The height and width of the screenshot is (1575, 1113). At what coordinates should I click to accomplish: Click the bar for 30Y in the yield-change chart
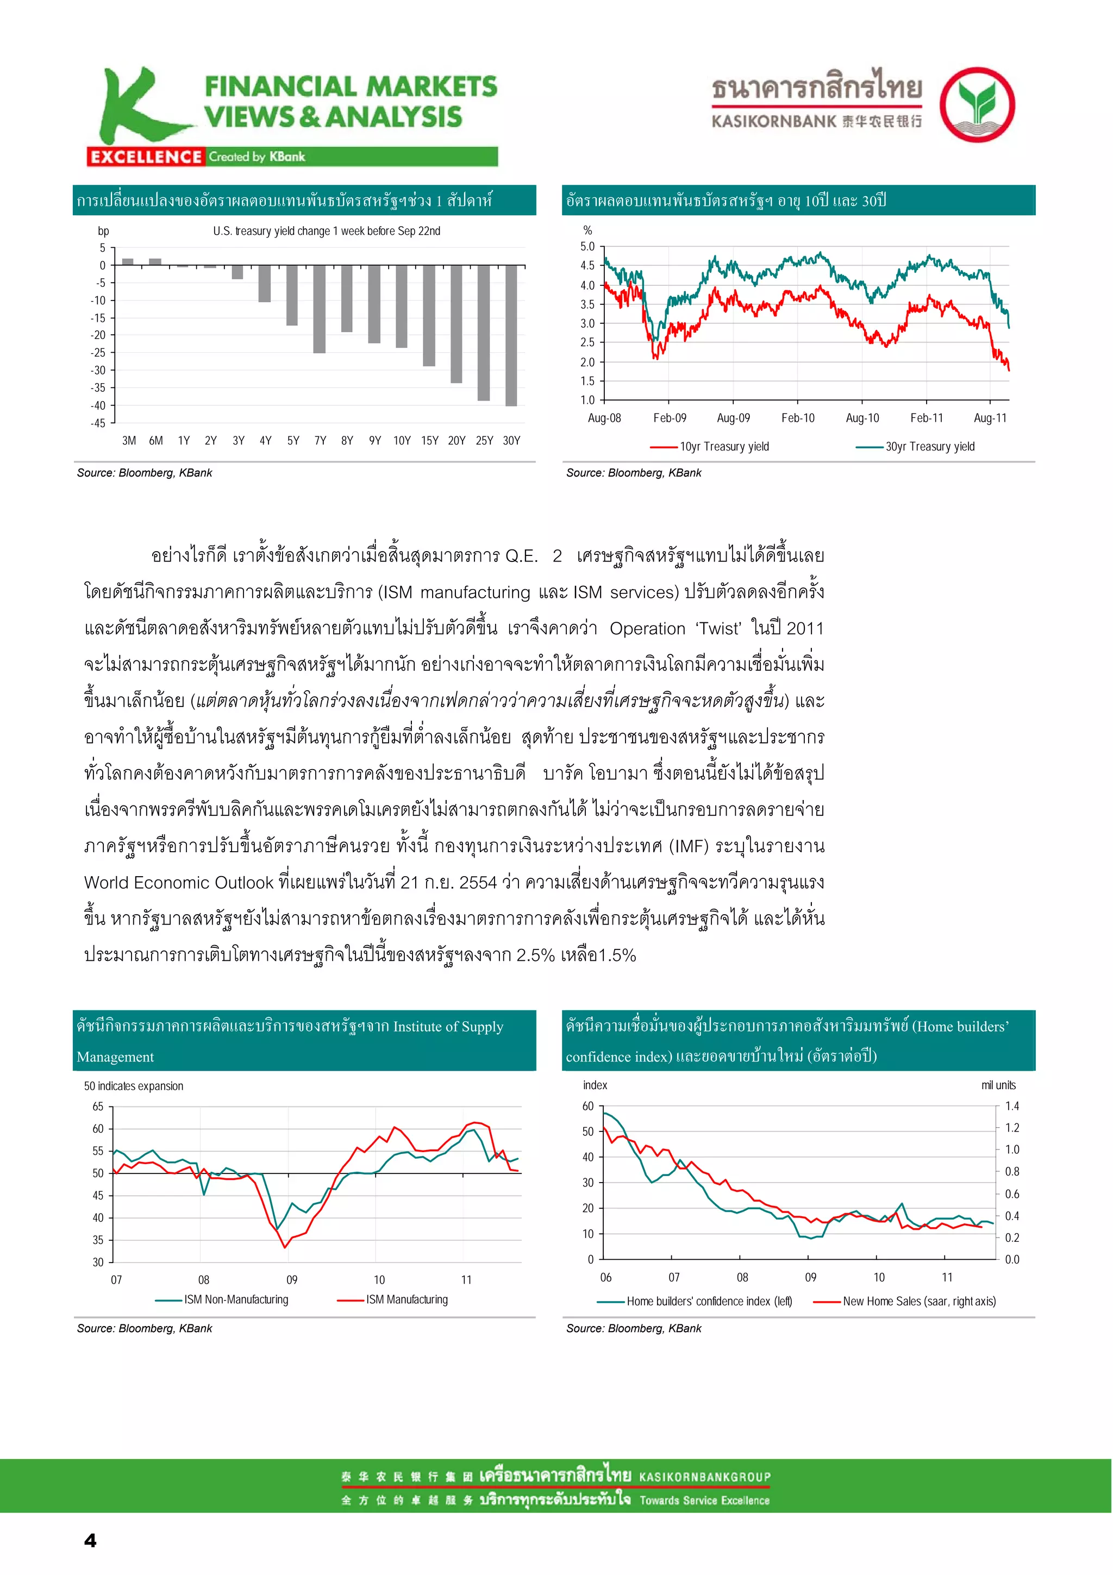(x=511, y=335)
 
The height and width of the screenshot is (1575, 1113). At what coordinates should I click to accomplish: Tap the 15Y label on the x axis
(x=430, y=440)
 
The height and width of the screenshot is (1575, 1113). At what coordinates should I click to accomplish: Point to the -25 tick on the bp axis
(x=99, y=353)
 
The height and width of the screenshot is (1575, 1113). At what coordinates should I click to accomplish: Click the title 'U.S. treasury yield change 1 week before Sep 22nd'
(x=327, y=231)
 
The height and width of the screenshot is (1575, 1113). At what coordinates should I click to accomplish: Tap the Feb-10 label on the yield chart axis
(x=798, y=418)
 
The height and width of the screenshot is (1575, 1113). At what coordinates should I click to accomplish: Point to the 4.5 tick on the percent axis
(x=587, y=265)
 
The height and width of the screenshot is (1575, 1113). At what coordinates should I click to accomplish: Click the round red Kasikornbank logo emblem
(x=977, y=104)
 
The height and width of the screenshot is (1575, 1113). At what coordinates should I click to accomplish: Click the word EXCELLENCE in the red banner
(x=146, y=157)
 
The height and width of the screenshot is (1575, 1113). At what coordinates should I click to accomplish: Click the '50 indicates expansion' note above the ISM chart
(x=134, y=1086)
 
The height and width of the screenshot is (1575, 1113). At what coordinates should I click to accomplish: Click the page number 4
(x=90, y=1540)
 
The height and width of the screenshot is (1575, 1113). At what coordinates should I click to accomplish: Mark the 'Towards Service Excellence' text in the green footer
(x=704, y=1500)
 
